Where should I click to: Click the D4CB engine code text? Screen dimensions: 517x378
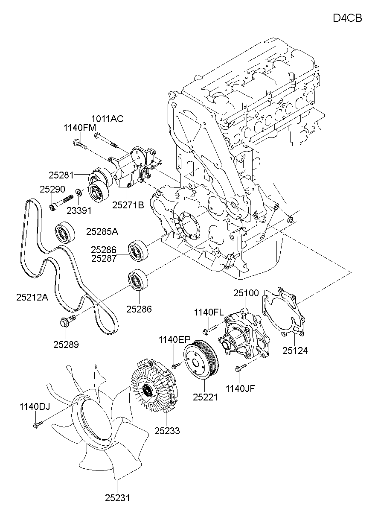click(347, 18)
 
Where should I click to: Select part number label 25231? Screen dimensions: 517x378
click(117, 498)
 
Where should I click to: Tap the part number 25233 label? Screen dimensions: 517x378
click(167, 431)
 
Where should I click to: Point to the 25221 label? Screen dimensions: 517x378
click(205, 397)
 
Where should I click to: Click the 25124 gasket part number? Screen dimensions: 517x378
click(295, 351)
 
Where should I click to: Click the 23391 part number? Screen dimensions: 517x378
click(79, 210)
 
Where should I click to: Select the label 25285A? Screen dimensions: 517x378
click(102, 231)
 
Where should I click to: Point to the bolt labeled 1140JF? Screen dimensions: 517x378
click(239, 368)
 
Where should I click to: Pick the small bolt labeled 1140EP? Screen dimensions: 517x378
click(175, 366)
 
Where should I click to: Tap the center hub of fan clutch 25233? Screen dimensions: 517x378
click(148, 390)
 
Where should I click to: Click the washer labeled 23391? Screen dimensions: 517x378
click(79, 192)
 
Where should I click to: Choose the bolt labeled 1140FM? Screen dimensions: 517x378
click(79, 144)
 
